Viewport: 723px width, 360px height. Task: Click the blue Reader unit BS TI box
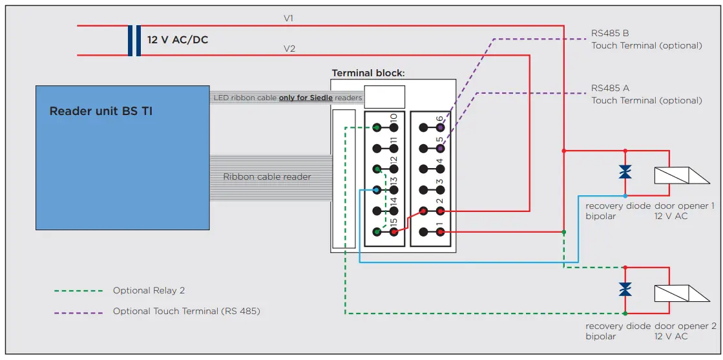(x=123, y=158)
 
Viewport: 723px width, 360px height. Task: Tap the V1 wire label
(x=289, y=19)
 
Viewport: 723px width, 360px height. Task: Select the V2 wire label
(x=289, y=48)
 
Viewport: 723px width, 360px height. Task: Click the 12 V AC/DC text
(x=178, y=39)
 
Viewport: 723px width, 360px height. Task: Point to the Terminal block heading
(x=368, y=73)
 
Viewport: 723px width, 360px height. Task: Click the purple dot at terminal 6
(x=441, y=127)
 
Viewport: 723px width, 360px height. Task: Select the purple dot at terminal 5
(x=441, y=149)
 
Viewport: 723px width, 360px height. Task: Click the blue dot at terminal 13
(x=377, y=189)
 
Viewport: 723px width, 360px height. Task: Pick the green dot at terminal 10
(x=377, y=127)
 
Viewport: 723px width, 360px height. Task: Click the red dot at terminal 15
(x=393, y=232)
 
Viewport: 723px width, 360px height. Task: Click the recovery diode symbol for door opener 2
(x=625, y=290)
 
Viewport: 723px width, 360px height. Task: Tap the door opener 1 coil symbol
(x=682, y=175)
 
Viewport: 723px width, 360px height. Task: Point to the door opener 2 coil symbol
(x=682, y=293)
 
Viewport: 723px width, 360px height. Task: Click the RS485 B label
(x=610, y=34)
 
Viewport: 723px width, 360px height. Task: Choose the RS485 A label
(x=610, y=88)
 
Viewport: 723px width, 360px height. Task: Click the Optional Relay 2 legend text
(x=149, y=291)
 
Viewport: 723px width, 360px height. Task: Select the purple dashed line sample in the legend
(x=78, y=312)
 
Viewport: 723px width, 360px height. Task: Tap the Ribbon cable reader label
(x=267, y=177)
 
